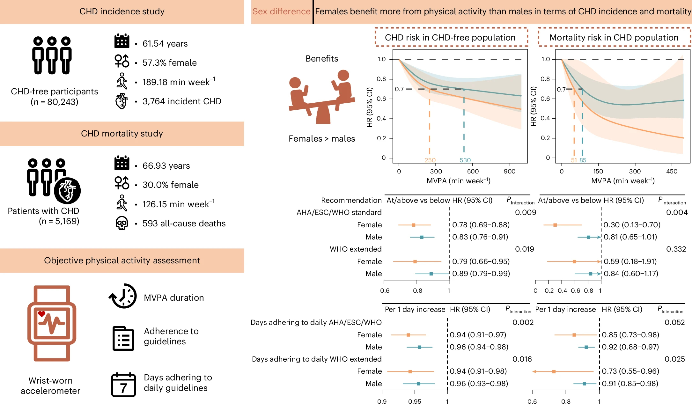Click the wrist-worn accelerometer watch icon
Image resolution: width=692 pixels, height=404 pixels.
(52, 323)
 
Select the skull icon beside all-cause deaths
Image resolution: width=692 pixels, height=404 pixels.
(121, 223)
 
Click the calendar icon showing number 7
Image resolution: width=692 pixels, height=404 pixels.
(123, 385)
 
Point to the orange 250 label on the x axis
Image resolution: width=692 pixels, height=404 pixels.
(430, 160)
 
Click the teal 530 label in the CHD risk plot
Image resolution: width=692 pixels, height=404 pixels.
(465, 160)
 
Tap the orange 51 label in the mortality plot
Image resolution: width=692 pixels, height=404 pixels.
(574, 160)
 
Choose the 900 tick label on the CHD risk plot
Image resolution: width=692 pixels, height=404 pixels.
(509, 171)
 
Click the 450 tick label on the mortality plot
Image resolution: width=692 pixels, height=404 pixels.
(672, 171)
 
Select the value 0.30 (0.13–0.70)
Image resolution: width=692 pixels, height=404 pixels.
(632, 225)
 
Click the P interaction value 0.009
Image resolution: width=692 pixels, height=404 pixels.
(526, 212)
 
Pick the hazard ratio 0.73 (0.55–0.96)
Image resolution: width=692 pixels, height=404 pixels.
(630, 371)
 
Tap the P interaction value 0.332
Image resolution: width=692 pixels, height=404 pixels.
(676, 249)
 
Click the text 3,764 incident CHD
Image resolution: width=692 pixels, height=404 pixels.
(182, 101)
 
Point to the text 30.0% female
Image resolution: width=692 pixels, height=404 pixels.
(170, 185)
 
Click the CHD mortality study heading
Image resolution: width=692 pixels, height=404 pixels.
(122, 134)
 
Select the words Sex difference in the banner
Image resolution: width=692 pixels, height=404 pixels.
(281, 11)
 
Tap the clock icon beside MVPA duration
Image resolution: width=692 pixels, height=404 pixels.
(123, 296)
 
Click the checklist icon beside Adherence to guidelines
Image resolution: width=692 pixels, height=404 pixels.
(123, 338)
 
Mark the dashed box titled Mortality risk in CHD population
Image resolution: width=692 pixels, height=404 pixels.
(614, 38)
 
